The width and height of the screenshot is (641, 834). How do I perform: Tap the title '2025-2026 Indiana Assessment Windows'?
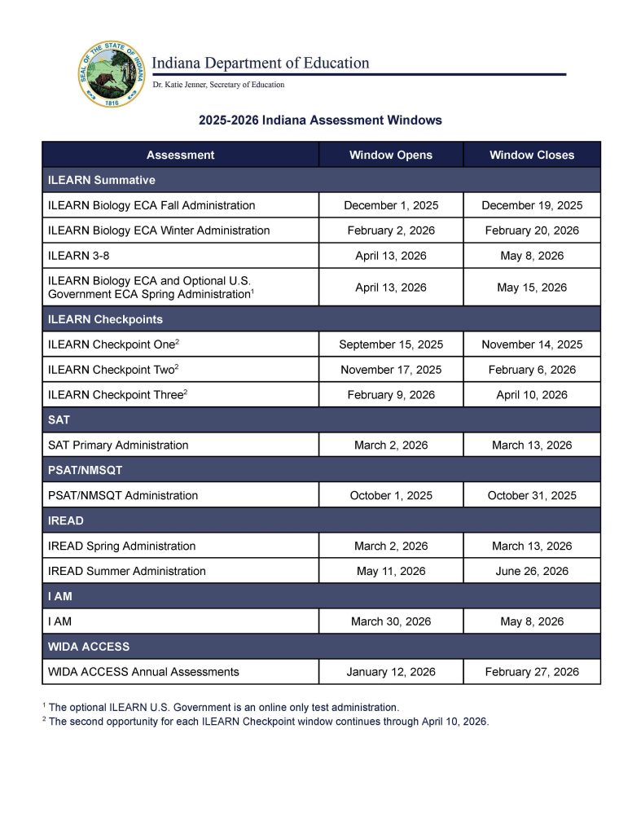(320, 121)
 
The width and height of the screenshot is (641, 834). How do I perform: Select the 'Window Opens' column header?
(391, 155)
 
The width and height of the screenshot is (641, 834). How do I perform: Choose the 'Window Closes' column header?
(532, 155)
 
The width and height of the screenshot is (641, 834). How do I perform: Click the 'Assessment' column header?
(180, 155)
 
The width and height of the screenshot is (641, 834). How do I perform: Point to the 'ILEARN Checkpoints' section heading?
(106, 319)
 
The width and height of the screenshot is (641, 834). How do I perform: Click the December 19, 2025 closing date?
(532, 205)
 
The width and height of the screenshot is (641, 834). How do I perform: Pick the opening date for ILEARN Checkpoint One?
(391, 345)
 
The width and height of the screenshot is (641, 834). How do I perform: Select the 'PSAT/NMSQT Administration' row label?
(123, 495)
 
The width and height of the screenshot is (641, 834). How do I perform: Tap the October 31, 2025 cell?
(532, 495)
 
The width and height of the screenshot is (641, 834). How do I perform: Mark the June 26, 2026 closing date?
(532, 571)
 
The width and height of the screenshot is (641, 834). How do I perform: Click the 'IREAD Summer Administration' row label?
(127, 571)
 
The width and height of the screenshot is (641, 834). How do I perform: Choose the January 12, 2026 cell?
(391, 672)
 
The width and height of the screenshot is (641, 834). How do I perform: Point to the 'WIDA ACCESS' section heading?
(89, 647)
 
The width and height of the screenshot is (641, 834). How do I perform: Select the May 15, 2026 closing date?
(532, 288)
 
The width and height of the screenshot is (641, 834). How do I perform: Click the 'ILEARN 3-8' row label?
(79, 256)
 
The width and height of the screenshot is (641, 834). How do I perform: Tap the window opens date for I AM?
(391, 621)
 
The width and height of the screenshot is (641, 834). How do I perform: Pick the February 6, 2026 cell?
(532, 370)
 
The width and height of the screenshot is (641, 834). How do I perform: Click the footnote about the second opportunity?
(268, 722)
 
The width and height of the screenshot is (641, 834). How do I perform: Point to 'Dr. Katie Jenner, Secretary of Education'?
(218, 85)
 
